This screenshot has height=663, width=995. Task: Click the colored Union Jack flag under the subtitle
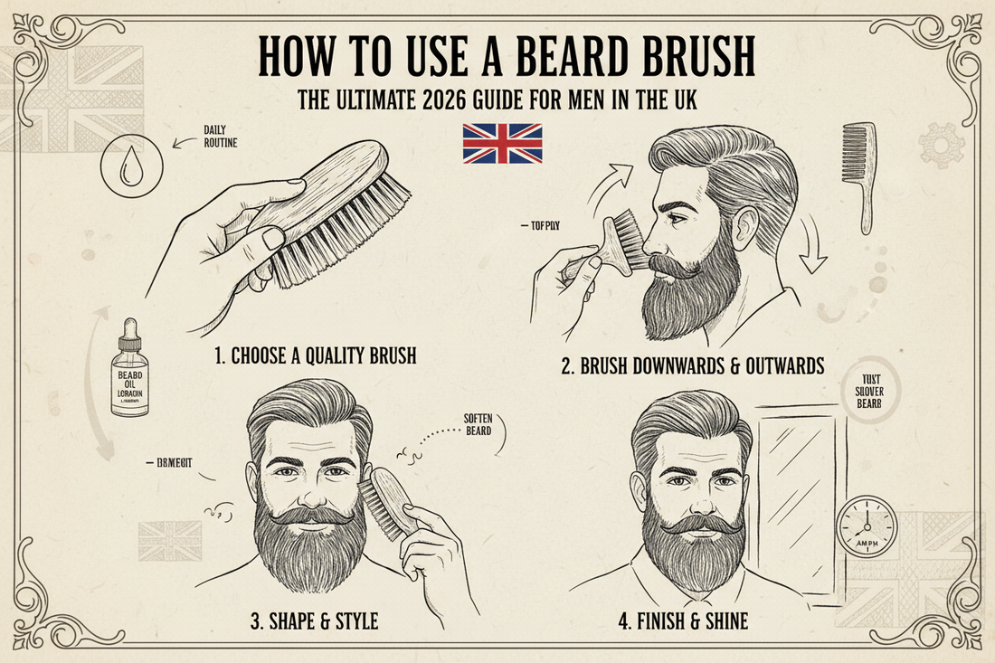click(x=502, y=144)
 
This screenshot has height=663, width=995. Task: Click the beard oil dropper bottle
click(x=129, y=370)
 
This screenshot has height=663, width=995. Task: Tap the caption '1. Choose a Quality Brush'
click(x=316, y=355)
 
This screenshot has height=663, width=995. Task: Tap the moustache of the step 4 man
click(x=689, y=524)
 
